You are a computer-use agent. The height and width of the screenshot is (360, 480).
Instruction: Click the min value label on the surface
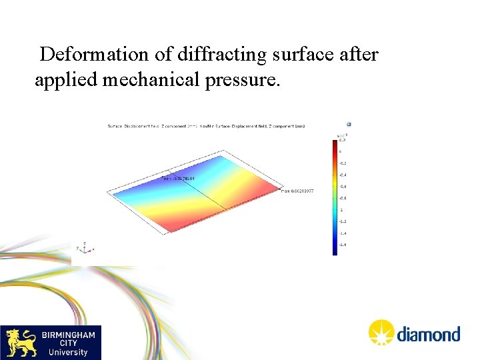(x=179, y=179)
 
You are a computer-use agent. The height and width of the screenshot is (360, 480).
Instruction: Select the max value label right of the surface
(x=298, y=191)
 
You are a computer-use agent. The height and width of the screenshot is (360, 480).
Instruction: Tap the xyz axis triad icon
(x=85, y=247)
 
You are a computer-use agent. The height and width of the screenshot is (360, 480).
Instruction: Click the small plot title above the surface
(x=206, y=126)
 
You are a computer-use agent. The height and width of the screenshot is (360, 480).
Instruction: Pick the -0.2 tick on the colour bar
(x=343, y=163)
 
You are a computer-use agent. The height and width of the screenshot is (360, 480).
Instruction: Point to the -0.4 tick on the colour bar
(x=343, y=175)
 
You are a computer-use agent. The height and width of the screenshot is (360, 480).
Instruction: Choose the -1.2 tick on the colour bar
(x=343, y=221)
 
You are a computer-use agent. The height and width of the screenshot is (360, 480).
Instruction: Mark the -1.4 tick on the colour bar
(x=343, y=233)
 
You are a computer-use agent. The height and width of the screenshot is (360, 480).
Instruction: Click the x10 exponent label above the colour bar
(x=342, y=135)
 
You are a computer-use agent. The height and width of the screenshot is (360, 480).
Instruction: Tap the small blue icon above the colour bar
(x=349, y=124)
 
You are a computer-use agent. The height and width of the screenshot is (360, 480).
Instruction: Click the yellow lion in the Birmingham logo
(x=20, y=343)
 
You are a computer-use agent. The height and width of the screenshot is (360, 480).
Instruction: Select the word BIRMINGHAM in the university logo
(x=69, y=335)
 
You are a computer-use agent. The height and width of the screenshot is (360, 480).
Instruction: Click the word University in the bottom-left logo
(x=69, y=352)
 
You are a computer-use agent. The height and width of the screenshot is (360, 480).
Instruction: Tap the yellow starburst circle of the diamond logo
(x=382, y=332)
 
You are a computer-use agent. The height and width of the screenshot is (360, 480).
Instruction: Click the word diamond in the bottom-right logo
(x=429, y=333)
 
